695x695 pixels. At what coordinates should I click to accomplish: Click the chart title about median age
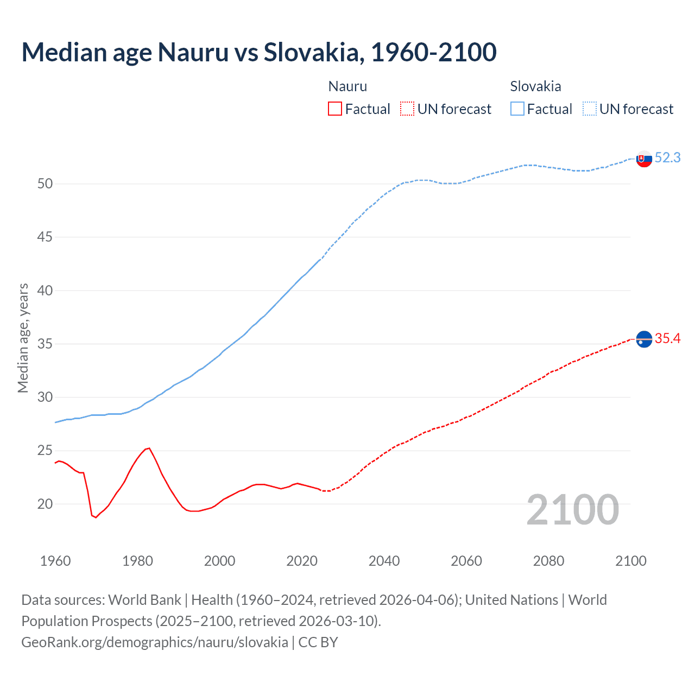coord(259,52)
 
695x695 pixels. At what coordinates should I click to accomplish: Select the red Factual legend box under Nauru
coord(335,109)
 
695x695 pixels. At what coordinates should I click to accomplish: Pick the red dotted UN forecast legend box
coord(407,109)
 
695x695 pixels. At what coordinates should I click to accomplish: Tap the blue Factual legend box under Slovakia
coord(517,109)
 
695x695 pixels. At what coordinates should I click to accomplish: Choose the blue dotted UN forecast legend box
coord(590,109)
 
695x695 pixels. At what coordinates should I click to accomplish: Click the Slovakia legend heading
coord(535,86)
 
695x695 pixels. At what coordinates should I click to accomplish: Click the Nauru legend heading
coord(347,86)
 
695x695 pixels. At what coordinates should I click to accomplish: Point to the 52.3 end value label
coord(667,157)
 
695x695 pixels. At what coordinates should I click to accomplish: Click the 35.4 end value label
coord(667,339)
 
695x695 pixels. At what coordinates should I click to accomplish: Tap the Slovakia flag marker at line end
coord(644,159)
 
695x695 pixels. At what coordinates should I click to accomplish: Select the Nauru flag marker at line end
coord(644,339)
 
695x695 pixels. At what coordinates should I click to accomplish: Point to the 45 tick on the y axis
coord(45,237)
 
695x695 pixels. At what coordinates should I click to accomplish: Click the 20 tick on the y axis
coord(45,504)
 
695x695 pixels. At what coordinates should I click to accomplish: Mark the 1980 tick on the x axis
coord(137,561)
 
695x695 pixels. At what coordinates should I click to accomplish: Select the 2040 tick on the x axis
coord(384,561)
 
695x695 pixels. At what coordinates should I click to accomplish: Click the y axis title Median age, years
coord(23,338)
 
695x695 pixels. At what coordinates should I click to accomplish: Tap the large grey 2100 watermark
coord(572,509)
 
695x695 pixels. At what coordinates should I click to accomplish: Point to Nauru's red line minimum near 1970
coord(96,517)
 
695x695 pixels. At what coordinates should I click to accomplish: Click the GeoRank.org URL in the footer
coord(155,642)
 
